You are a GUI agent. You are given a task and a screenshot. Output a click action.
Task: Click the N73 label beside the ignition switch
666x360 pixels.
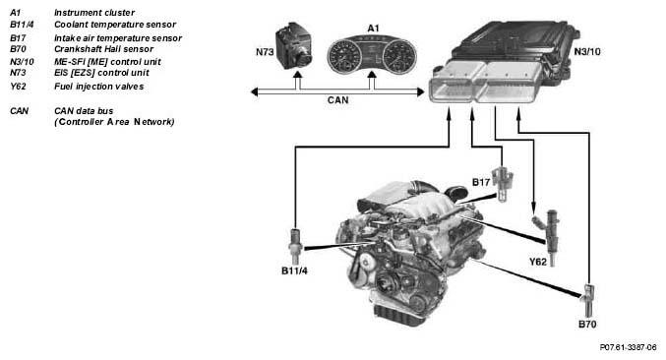pos(265,52)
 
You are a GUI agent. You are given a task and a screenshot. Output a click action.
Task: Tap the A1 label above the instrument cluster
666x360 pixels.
pos(373,29)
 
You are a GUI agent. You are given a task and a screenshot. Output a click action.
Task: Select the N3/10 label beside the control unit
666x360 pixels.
pos(587,52)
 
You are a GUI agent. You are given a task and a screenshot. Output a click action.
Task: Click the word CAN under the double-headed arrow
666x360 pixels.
pos(338,100)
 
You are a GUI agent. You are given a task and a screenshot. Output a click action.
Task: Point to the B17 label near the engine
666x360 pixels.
pos(481,183)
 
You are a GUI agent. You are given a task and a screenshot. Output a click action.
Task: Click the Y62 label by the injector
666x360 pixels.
pos(538,262)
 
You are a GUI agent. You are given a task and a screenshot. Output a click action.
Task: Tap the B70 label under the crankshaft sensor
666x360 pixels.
pos(587,325)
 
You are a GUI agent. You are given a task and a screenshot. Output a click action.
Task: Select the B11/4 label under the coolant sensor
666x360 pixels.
pos(294,270)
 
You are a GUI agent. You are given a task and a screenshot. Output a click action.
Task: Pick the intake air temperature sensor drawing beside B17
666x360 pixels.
pos(503,184)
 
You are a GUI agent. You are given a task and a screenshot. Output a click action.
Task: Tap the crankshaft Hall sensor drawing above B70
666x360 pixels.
pos(588,300)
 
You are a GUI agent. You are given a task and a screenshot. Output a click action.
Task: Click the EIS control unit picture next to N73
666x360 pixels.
pos(296,46)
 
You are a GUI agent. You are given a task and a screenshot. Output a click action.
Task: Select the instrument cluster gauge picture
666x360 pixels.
pos(372,55)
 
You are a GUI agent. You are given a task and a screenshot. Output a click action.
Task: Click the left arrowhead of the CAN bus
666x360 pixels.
pos(255,91)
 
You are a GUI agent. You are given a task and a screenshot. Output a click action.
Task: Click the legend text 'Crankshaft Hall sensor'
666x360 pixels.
pos(103,49)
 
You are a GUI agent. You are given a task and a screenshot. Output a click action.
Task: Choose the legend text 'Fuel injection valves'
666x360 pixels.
pos(99,87)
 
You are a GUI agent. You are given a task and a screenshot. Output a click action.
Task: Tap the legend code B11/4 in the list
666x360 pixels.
pos(22,25)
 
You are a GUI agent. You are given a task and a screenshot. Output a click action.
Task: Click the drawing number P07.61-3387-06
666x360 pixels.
pos(628,347)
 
